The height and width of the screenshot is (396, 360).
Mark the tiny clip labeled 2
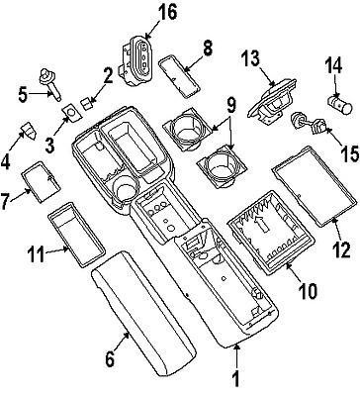coord(87,101)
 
